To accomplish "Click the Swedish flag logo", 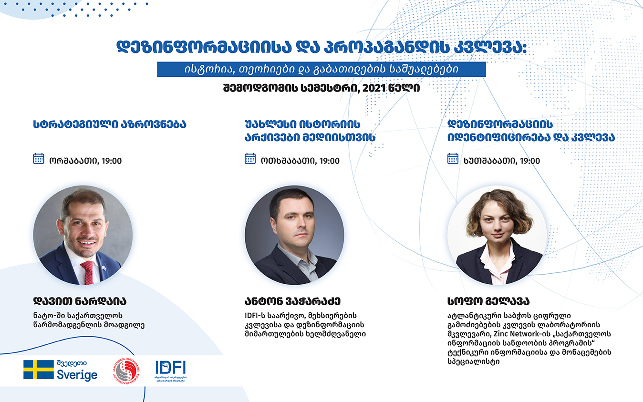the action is [39, 370].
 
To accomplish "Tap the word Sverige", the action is [77, 375].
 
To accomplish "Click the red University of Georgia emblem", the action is [126, 371].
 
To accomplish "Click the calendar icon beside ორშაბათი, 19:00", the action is [39, 158].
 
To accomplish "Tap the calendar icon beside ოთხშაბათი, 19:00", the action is [250, 158].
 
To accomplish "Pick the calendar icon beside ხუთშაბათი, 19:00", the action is [453, 158].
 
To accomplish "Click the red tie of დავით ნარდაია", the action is [88, 273].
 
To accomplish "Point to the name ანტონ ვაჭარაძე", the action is [292, 301].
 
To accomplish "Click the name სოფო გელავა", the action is [488, 301].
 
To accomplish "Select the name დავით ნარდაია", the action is [80, 301].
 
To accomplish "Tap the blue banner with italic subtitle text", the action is [321, 69].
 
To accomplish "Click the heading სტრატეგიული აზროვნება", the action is [110, 124].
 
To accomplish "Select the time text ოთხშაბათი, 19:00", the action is [300, 161].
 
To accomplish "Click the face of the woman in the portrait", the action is [498, 224].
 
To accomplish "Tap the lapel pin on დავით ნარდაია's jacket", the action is [104, 268].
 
